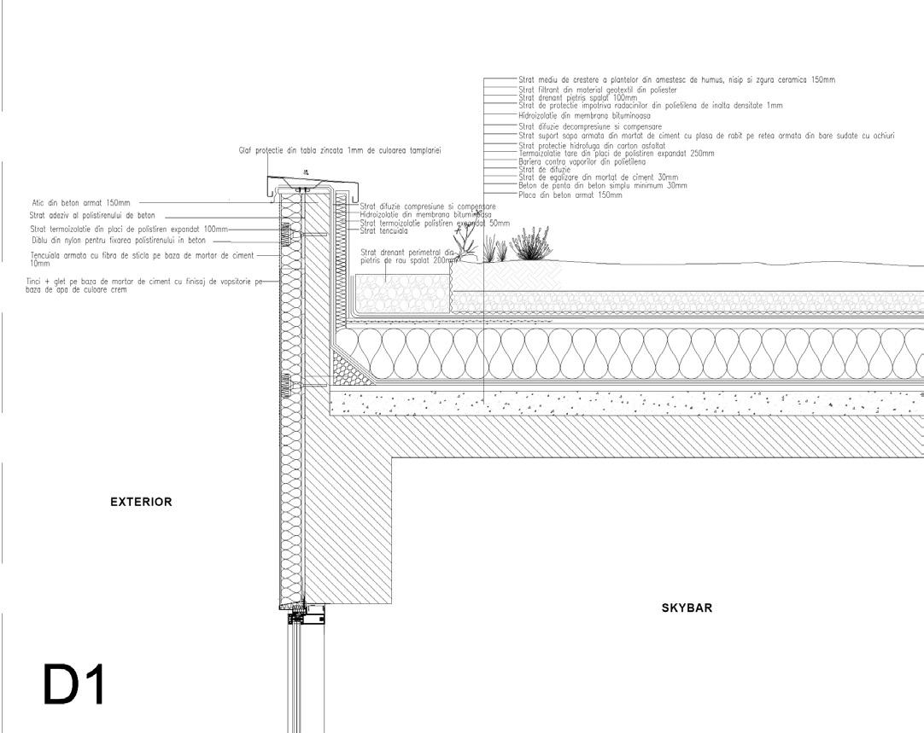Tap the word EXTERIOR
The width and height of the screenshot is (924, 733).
coord(142,503)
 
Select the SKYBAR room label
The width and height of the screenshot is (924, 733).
coord(687,608)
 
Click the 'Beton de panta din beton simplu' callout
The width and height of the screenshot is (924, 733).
coord(602,185)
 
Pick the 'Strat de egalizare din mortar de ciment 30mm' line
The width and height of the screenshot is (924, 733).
coord(598,177)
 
